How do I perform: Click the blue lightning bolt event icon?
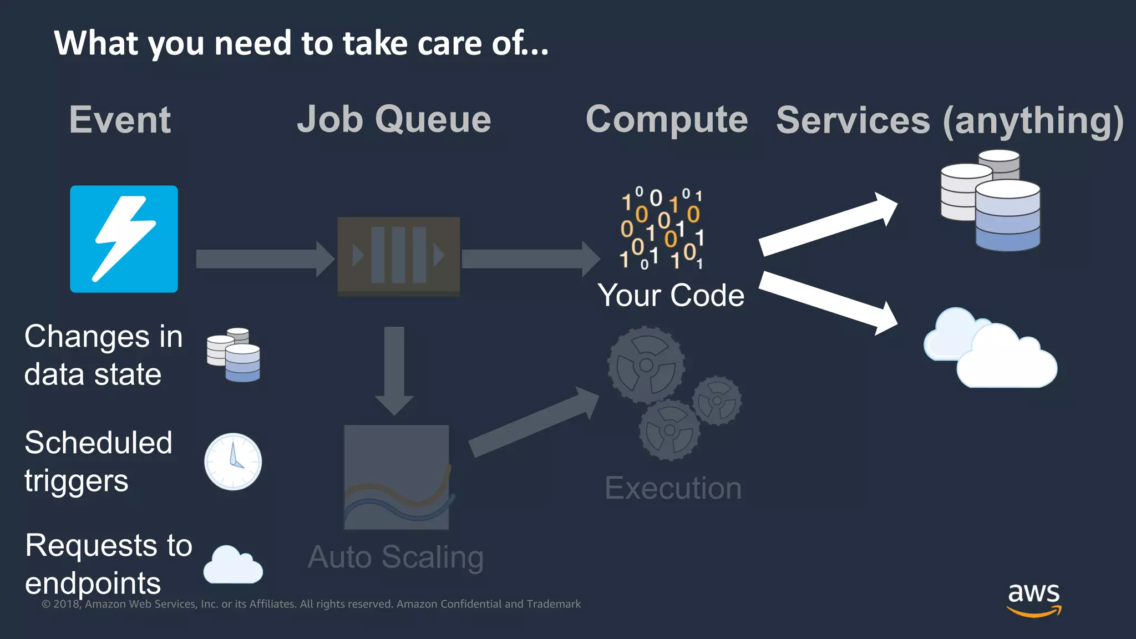(x=124, y=239)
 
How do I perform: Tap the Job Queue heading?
(x=394, y=119)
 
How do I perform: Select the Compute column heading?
(x=667, y=119)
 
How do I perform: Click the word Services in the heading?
(x=853, y=120)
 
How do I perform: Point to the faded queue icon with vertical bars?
(x=398, y=256)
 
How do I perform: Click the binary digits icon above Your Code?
(x=661, y=229)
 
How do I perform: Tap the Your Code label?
(x=671, y=295)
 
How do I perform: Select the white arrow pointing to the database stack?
(x=828, y=224)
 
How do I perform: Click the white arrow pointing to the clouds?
(x=828, y=303)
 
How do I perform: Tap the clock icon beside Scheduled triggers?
(x=233, y=461)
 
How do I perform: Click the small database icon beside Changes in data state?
(x=234, y=355)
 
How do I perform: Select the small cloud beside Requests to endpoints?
(x=232, y=565)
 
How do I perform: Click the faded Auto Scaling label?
(x=395, y=557)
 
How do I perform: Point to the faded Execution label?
(x=673, y=488)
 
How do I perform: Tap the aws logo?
(x=1034, y=599)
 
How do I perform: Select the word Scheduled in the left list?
(x=99, y=443)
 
